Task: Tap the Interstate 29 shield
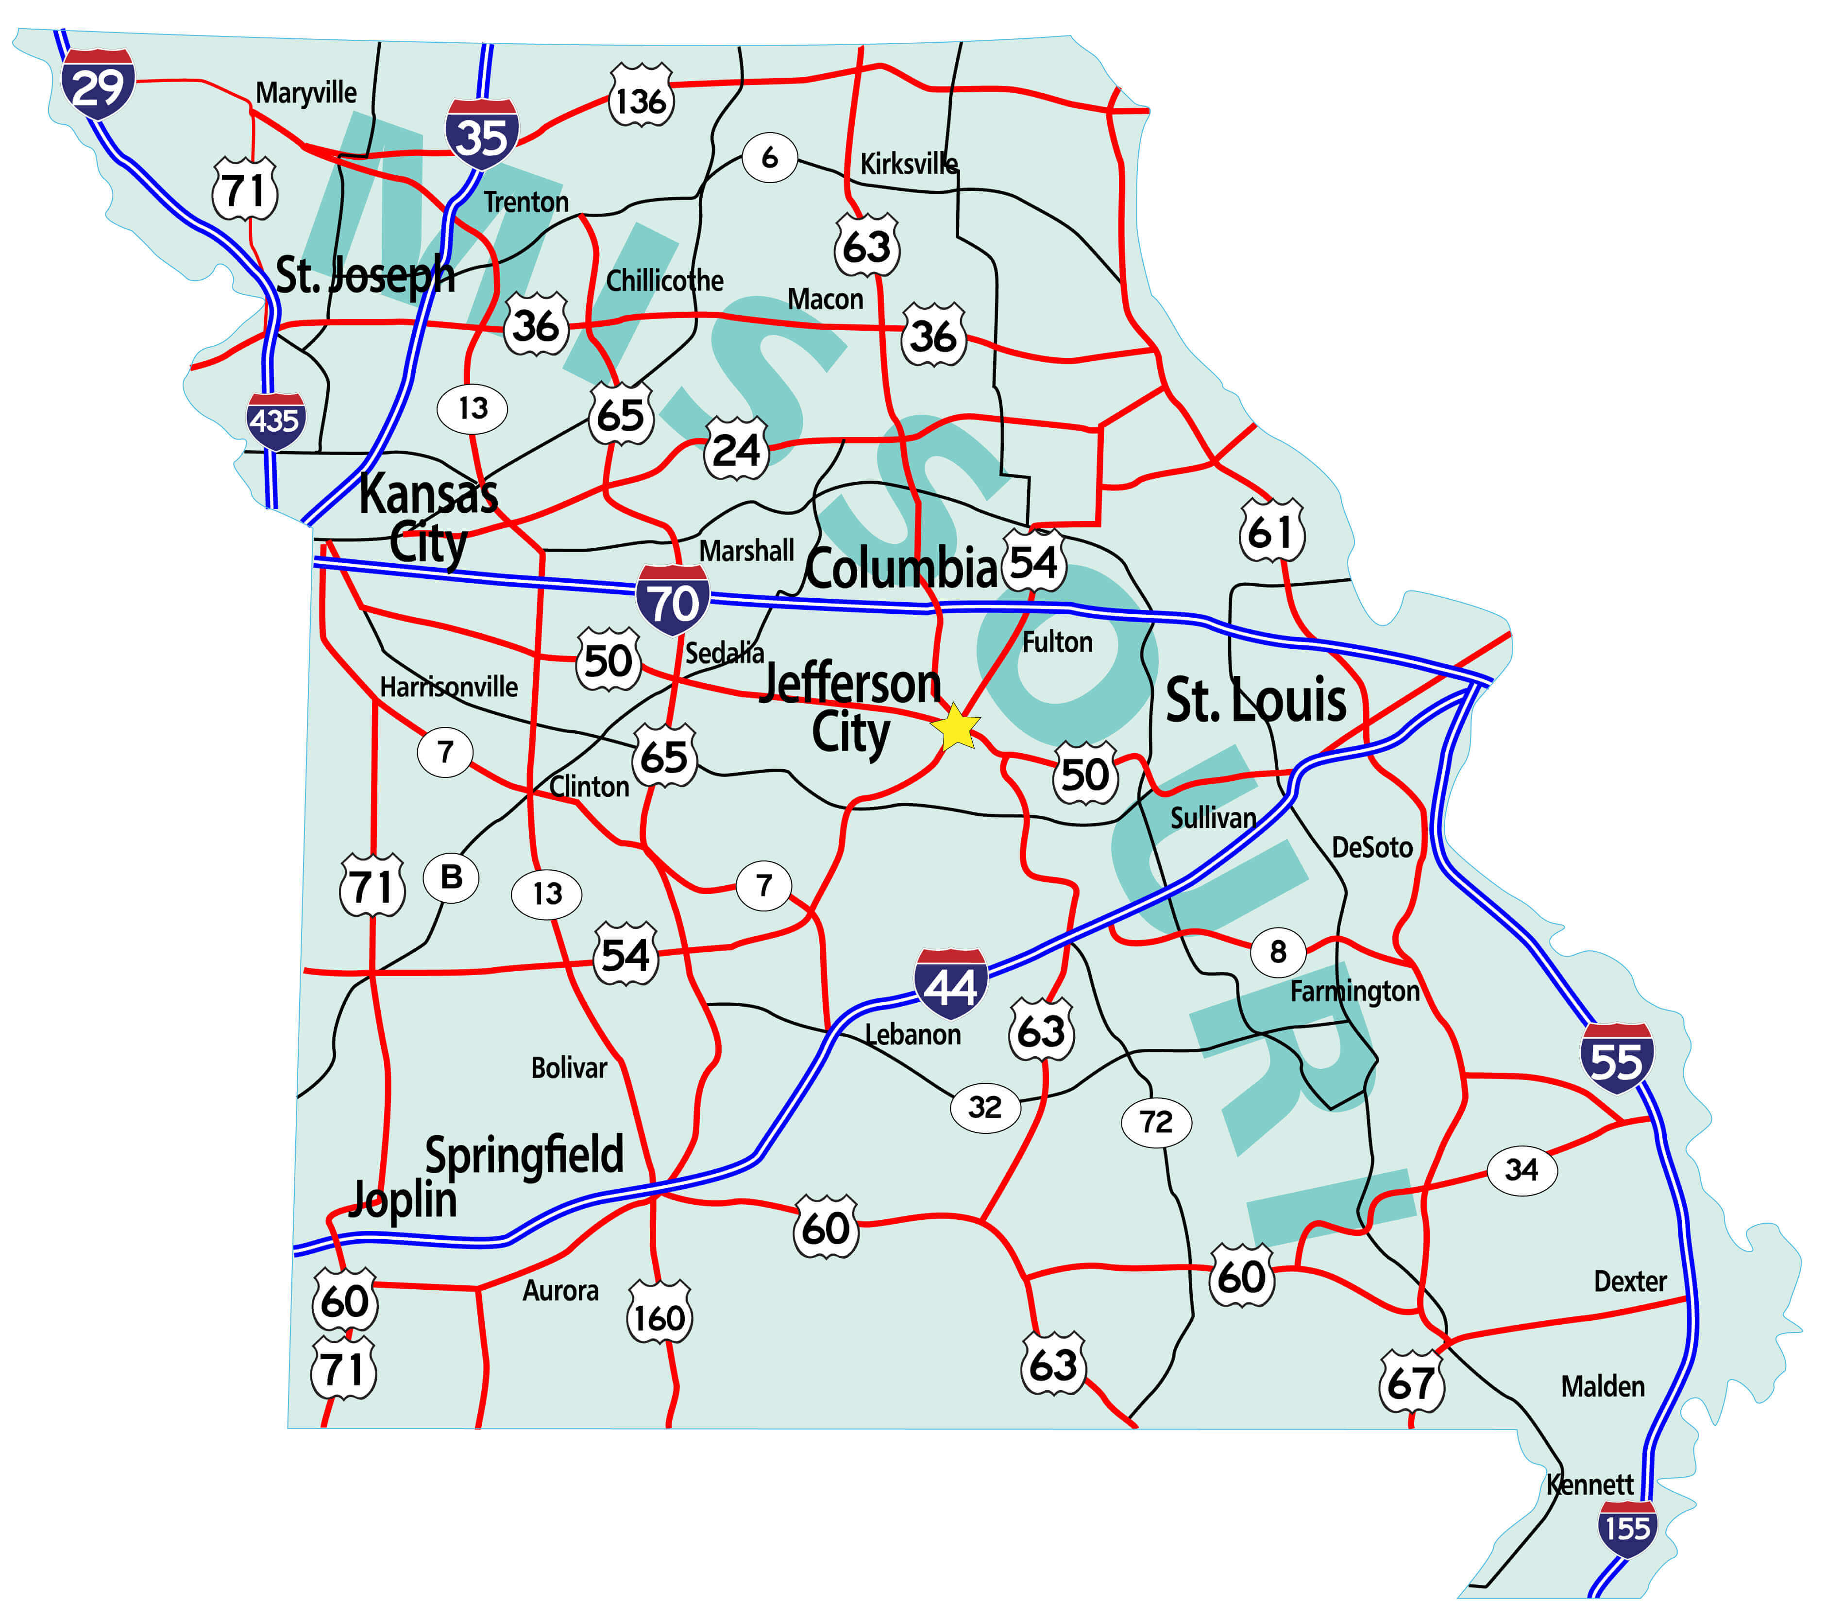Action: pos(98,84)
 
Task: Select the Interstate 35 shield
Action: pos(482,134)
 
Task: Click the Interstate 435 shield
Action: pos(275,421)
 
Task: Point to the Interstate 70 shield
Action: pos(673,600)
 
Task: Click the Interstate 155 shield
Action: pos(1627,1529)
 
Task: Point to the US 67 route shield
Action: pos(1411,1381)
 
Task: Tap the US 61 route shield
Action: pos(1271,531)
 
